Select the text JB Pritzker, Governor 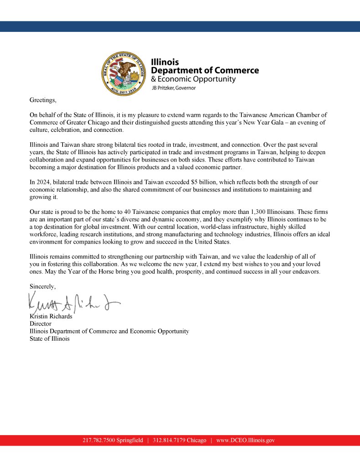coord(173,88)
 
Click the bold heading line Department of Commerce coord(204,70)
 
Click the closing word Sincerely coord(42,286)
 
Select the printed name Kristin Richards coord(51,317)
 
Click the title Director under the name coord(40,324)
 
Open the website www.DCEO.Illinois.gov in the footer coord(245,441)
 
